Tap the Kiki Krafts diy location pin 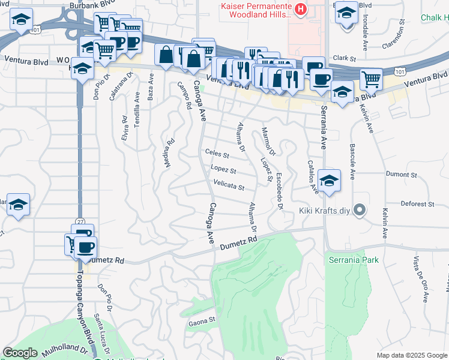360,210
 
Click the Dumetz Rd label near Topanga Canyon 108,261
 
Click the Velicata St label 229,187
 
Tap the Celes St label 217,154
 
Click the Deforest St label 418,205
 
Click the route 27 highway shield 80,222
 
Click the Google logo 20,353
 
